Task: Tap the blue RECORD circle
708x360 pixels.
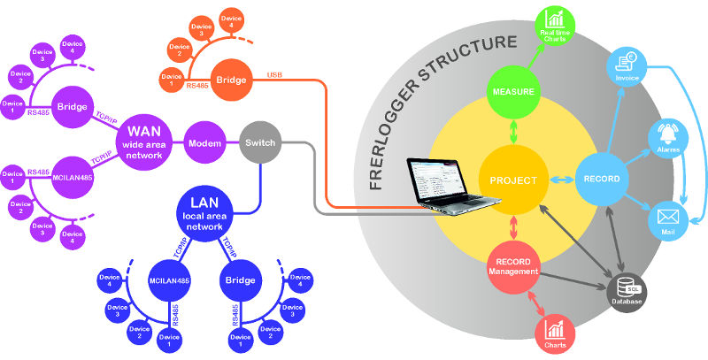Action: click(602, 180)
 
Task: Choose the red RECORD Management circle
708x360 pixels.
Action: click(514, 265)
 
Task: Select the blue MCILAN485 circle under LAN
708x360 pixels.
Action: click(170, 280)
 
